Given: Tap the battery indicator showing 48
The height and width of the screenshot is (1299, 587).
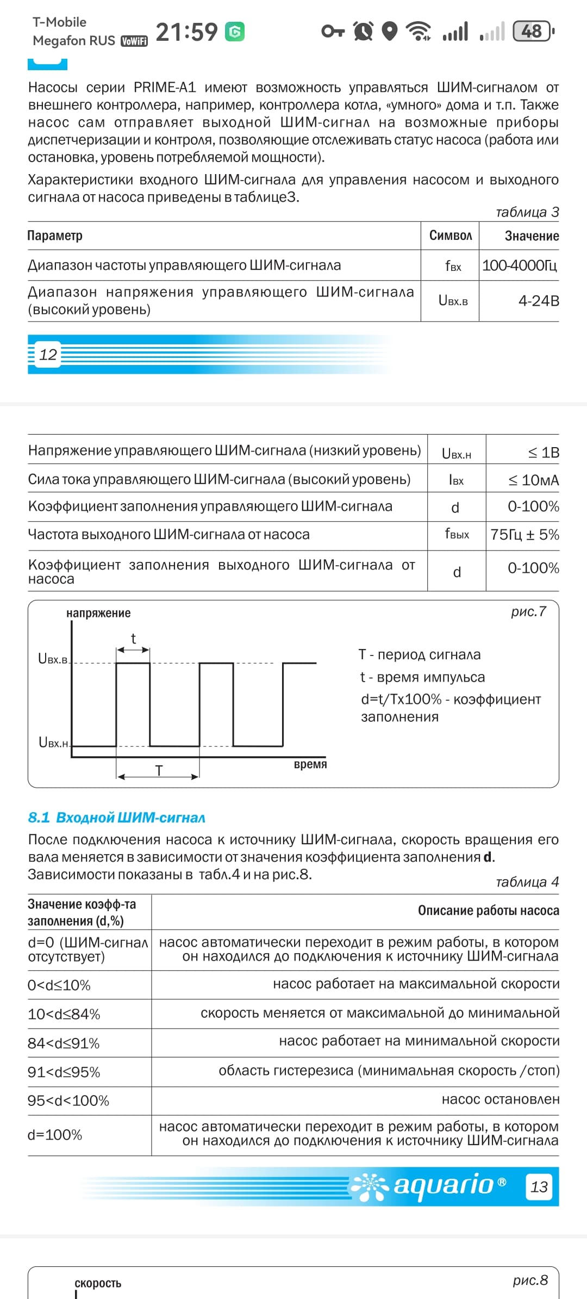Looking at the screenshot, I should click(x=533, y=32).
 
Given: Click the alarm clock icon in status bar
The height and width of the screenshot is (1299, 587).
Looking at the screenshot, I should click(x=363, y=31).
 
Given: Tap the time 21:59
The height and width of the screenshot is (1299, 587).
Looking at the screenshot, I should click(x=186, y=32).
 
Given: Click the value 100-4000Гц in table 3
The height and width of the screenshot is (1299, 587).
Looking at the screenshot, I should click(x=519, y=265).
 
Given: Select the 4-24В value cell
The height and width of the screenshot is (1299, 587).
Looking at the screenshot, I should click(x=538, y=301).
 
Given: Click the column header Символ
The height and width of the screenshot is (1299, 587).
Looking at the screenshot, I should click(x=450, y=236).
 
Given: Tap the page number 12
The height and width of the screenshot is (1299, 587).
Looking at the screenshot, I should click(x=48, y=355).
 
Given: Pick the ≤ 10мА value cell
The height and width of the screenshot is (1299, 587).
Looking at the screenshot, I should click(x=533, y=480).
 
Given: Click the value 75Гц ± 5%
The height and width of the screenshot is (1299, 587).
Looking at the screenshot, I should click(x=524, y=535).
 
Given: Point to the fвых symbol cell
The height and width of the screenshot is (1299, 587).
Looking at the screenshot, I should click(x=457, y=534).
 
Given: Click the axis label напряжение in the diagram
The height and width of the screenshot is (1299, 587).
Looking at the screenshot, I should click(x=98, y=613).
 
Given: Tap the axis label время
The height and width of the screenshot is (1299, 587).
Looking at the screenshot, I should click(x=310, y=764).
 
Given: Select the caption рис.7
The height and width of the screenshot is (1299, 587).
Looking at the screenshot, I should click(x=528, y=611).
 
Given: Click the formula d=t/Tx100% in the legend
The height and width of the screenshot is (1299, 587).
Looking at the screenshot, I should click(x=401, y=699).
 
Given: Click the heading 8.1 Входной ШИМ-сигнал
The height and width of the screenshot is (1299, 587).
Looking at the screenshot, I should click(x=117, y=818).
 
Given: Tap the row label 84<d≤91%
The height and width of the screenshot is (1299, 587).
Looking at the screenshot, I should click(x=64, y=1043).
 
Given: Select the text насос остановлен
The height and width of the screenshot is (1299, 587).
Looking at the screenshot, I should click(x=500, y=1099).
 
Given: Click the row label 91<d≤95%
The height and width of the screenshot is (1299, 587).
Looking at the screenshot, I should click(x=64, y=1072).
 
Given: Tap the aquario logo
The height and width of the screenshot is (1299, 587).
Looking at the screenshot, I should click(x=429, y=1186).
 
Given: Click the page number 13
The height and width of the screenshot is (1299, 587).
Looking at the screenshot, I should click(x=539, y=1187).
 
